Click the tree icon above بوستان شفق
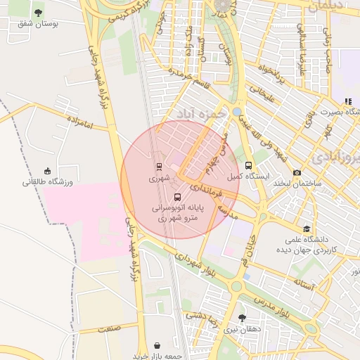tap(38, 13)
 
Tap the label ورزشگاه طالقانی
tap(48, 182)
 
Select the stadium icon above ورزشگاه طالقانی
tap(47, 171)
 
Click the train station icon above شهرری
tap(159, 167)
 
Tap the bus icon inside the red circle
tap(176, 198)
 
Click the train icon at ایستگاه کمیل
tap(249, 166)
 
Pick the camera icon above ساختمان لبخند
tap(297, 172)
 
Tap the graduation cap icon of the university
tap(306, 229)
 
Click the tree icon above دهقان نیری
tap(242, 318)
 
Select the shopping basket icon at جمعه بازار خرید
tap(156, 345)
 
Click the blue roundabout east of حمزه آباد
tap(237, 112)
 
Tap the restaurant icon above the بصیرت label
tap(348, 101)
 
